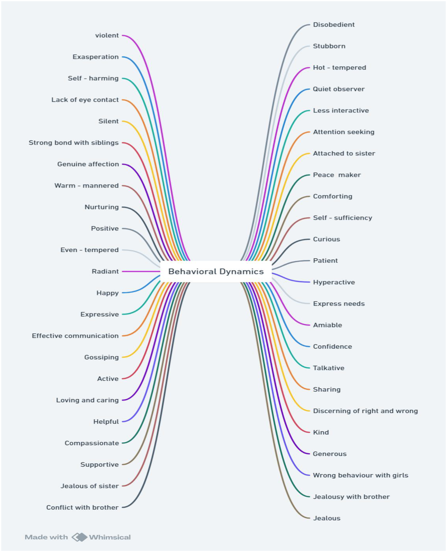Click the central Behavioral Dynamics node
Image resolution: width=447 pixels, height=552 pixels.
click(216, 272)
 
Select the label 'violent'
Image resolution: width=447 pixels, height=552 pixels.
click(107, 35)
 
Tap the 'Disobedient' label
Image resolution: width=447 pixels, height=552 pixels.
click(334, 25)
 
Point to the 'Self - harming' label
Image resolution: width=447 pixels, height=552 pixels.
click(93, 78)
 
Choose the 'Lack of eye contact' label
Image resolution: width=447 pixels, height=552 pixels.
click(85, 100)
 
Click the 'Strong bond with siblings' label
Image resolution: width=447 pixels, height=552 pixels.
click(74, 143)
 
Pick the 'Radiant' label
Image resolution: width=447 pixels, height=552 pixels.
click(105, 272)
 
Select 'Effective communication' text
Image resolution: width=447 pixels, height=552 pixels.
click(75, 336)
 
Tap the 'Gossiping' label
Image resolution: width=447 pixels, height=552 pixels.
click(101, 357)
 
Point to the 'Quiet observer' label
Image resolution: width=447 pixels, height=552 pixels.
click(339, 89)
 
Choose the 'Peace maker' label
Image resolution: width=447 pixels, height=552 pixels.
click(337, 175)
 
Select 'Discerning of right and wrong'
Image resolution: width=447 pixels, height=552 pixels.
click(365, 411)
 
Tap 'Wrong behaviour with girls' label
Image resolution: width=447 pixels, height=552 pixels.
click(360, 475)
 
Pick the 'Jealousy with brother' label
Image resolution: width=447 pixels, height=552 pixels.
click(351, 497)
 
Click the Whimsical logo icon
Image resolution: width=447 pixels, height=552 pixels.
click(79, 537)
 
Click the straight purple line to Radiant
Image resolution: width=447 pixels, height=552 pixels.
click(141, 272)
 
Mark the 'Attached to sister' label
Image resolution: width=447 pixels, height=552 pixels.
click(344, 153)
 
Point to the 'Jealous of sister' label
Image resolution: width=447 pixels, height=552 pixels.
click(90, 486)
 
